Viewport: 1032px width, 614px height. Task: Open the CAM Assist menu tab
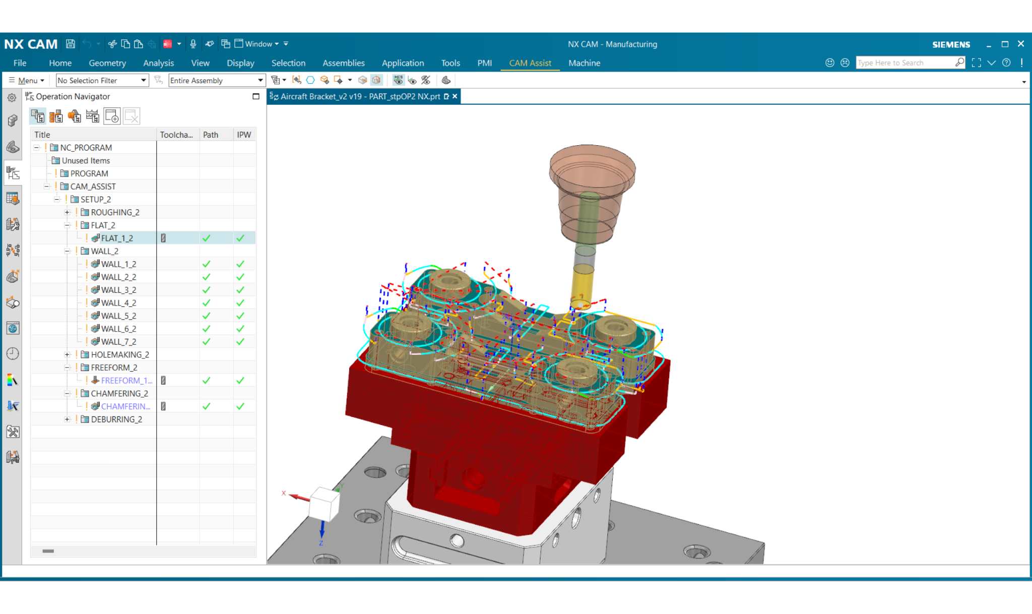pyautogui.click(x=530, y=63)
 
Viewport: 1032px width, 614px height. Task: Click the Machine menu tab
pyautogui.click(x=584, y=63)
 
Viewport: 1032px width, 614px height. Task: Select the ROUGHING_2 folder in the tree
pyautogui.click(x=115, y=212)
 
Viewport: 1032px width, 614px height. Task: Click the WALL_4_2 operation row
pyautogui.click(x=118, y=303)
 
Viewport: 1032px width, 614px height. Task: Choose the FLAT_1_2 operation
pyautogui.click(x=117, y=238)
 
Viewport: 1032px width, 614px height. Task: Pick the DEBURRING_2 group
pyautogui.click(x=116, y=419)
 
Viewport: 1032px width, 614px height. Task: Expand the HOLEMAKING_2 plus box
pyautogui.click(x=67, y=355)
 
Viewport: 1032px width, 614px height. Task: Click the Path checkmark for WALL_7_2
pyautogui.click(x=206, y=342)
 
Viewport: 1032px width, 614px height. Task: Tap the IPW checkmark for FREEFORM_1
pyautogui.click(x=240, y=381)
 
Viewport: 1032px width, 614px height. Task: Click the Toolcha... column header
pyautogui.click(x=176, y=135)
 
